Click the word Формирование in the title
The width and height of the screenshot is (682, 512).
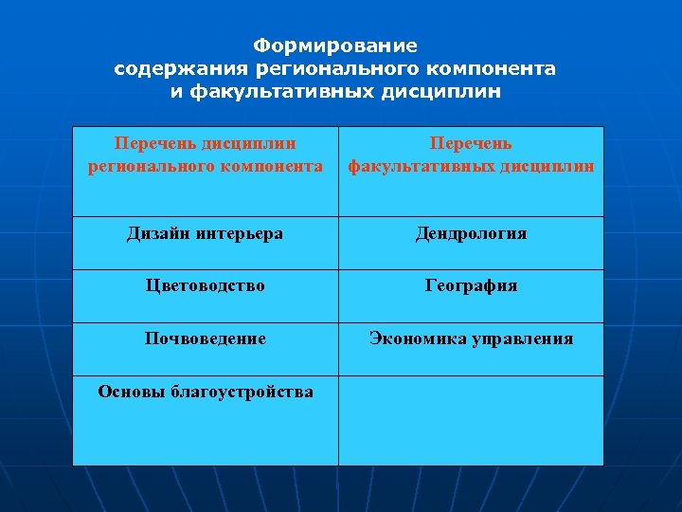[335, 46]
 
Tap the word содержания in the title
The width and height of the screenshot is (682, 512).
[180, 69]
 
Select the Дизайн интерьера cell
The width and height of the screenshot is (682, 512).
[206, 233]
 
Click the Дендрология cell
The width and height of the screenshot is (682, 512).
[471, 233]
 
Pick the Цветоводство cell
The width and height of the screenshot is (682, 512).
[206, 285]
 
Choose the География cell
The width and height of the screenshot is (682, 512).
[471, 285]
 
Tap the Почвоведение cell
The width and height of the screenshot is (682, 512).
[206, 338]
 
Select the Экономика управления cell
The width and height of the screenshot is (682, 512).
[471, 338]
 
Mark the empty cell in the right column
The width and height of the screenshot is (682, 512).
[471, 420]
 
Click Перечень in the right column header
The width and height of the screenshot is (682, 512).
[471, 143]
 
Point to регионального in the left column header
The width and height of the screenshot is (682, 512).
[143, 166]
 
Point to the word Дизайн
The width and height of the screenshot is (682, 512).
[158, 233]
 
